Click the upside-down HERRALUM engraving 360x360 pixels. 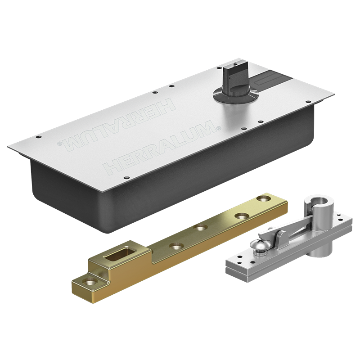click(117, 126)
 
